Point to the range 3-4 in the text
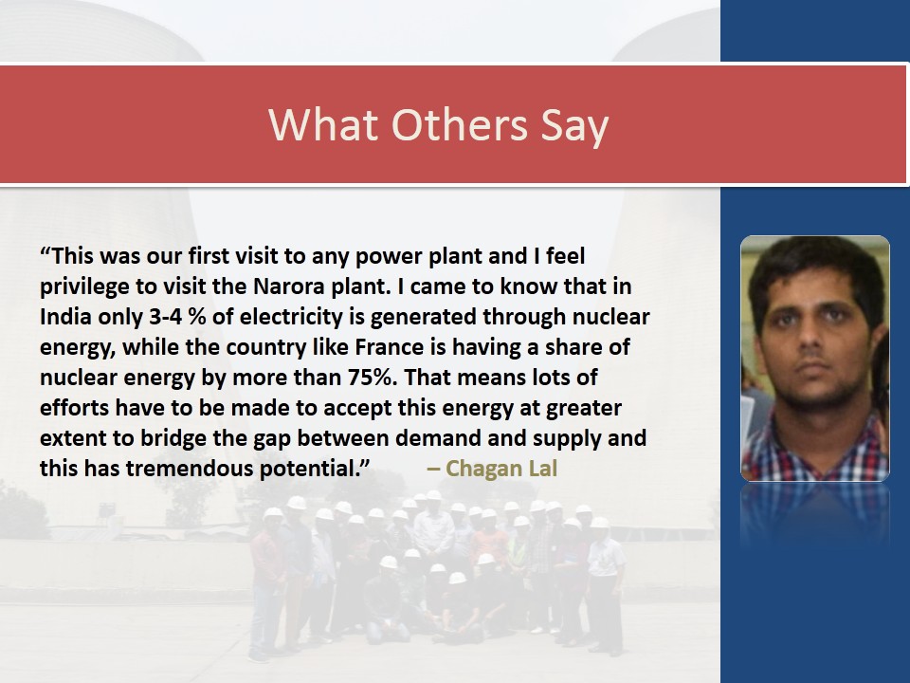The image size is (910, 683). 165,317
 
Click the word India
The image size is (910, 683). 65,317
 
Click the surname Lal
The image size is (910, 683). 542,469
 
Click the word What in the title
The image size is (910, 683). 323,125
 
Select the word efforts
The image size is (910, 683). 75,408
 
